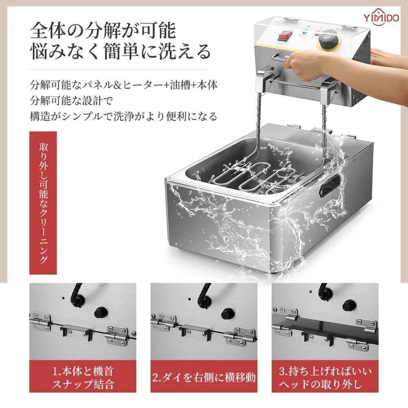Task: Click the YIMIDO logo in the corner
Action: (381, 18)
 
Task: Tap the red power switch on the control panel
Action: (284, 36)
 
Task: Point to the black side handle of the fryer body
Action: (330, 186)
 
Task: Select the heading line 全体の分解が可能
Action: (103, 31)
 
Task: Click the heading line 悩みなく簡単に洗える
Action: (120, 51)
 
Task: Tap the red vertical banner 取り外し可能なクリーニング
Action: (43, 203)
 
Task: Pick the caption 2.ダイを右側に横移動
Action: (204, 377)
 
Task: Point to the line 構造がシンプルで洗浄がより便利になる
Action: (124, 116)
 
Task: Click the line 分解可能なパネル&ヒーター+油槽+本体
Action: (124, 85)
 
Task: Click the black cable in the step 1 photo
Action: (76, 296)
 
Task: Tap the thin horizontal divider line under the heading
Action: (119, 69)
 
